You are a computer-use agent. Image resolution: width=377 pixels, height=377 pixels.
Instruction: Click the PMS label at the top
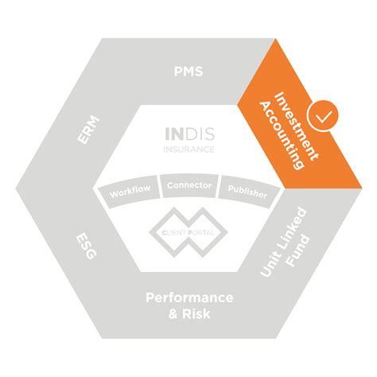pos(188,72)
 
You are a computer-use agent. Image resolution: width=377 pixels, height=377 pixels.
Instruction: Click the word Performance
pos(189,297)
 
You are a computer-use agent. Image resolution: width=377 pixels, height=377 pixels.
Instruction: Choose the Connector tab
pos(189,185)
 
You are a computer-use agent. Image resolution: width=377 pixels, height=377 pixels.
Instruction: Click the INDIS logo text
pos(188,134)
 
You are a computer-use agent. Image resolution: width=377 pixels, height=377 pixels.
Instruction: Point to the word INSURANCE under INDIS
pos(188,148)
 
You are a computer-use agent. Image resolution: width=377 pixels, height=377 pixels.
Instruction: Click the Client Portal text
pos(188,231)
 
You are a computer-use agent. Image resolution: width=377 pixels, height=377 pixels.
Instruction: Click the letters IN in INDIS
pos(173,134)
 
